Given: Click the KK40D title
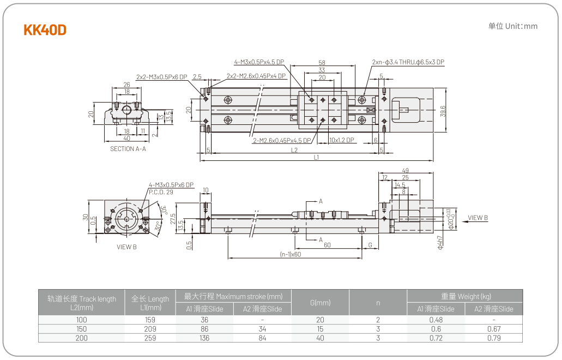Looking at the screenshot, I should (45, 30).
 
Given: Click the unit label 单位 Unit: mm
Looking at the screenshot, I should (512, 26).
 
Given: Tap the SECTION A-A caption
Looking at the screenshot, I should (128, 148).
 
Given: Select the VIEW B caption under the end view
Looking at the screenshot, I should (126, 247).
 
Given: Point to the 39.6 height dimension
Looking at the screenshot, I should (443, 111).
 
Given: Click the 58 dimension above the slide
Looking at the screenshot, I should (322, 63).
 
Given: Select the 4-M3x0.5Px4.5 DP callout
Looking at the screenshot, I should (259, 62).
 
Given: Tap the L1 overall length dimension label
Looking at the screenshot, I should (316, 158).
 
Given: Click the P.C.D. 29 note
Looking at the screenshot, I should (161, 191).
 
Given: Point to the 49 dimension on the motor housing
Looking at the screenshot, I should (405, 170).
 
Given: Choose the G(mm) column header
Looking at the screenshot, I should (320, 302).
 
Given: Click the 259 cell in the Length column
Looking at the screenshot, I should (150, 338).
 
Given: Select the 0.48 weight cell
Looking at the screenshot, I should (436, 320).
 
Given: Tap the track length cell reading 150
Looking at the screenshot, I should (81, 329).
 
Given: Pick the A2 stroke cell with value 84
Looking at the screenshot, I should (262, 338).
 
